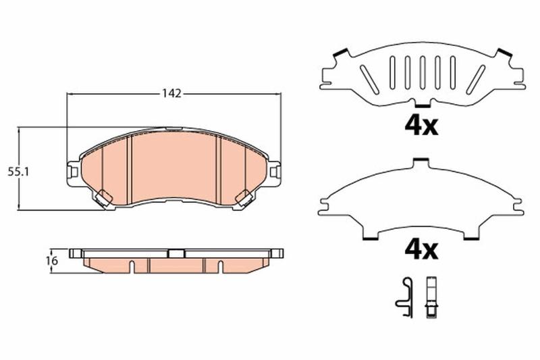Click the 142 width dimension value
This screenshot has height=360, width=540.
(x=172, y=93)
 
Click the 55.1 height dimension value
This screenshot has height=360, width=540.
(x=19, y=172)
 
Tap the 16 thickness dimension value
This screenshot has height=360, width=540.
(x=53, y=261)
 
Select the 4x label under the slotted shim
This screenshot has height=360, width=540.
(x=421, y=126)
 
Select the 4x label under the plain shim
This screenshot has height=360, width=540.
(x=421, y=250)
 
